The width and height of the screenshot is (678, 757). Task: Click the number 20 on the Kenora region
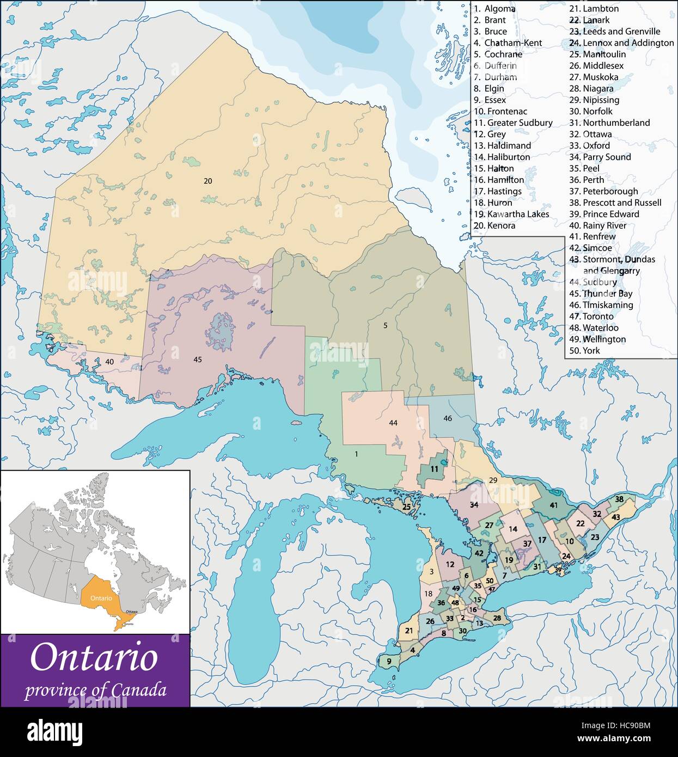207,181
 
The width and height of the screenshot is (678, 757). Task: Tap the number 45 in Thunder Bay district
198,359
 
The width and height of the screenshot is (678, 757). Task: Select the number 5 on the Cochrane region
385,326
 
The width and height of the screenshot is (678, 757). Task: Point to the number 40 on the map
109,362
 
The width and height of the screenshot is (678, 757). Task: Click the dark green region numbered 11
434,469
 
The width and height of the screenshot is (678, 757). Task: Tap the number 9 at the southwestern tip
388,662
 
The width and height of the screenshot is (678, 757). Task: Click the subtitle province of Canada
95,690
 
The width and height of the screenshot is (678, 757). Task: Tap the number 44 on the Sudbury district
393,423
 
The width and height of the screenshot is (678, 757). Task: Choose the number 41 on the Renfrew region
554,505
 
